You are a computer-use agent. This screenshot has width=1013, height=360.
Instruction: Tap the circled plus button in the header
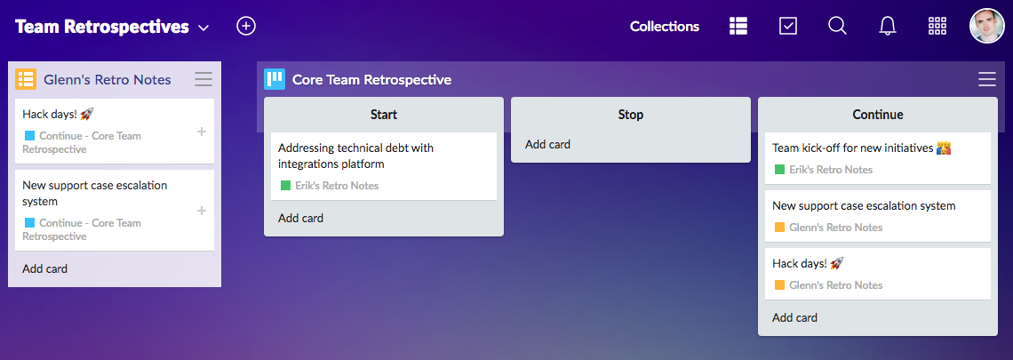pyautogui.click(x=246, y=26)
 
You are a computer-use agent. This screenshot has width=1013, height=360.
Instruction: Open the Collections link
pyautogui.click(x=664, y=27)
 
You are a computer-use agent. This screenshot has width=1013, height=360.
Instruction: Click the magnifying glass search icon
pyautogui.click(x=837, y=26)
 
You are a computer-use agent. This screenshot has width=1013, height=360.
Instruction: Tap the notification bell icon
pyautogui.click(x=887, y=26)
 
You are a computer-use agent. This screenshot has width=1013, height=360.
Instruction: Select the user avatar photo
pyautogui.click(x=986, y=26)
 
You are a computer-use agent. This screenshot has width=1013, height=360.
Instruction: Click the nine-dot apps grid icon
pyautogui.click(x=937, y=26)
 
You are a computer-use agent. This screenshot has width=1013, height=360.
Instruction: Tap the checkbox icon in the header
pyautogui.click(x=787, y=26)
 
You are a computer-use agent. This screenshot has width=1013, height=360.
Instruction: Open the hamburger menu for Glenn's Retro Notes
pyautogui.click(x=203, y=79)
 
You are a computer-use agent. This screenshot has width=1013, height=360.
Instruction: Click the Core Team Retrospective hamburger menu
pyautogui.click(x=986, y=79)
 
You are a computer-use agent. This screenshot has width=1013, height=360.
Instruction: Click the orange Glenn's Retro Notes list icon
pyautogui.click(x=26, y=79)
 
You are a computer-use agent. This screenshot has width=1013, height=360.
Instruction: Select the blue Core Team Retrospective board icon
pyautogui.click(x=275, y=79)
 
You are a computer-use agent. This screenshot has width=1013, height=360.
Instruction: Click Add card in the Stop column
pyautogui.click(x=547, y=144)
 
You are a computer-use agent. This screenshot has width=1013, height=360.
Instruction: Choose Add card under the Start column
pyautogui.click(x=300, y=218)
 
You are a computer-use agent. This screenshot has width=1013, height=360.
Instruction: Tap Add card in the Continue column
pyautogui.click(x=794, y=317)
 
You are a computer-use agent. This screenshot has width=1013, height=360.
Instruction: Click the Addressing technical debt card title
pyautogui.click(x=355, y=156)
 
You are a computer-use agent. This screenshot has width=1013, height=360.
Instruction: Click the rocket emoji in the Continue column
pyautogui.click(x=836, y=264)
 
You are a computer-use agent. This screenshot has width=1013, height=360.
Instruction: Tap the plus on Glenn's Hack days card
pyautogui.click(x=201, y=132)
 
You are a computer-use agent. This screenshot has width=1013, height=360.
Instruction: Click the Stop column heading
pyautogui.click(x=630, y=115)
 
